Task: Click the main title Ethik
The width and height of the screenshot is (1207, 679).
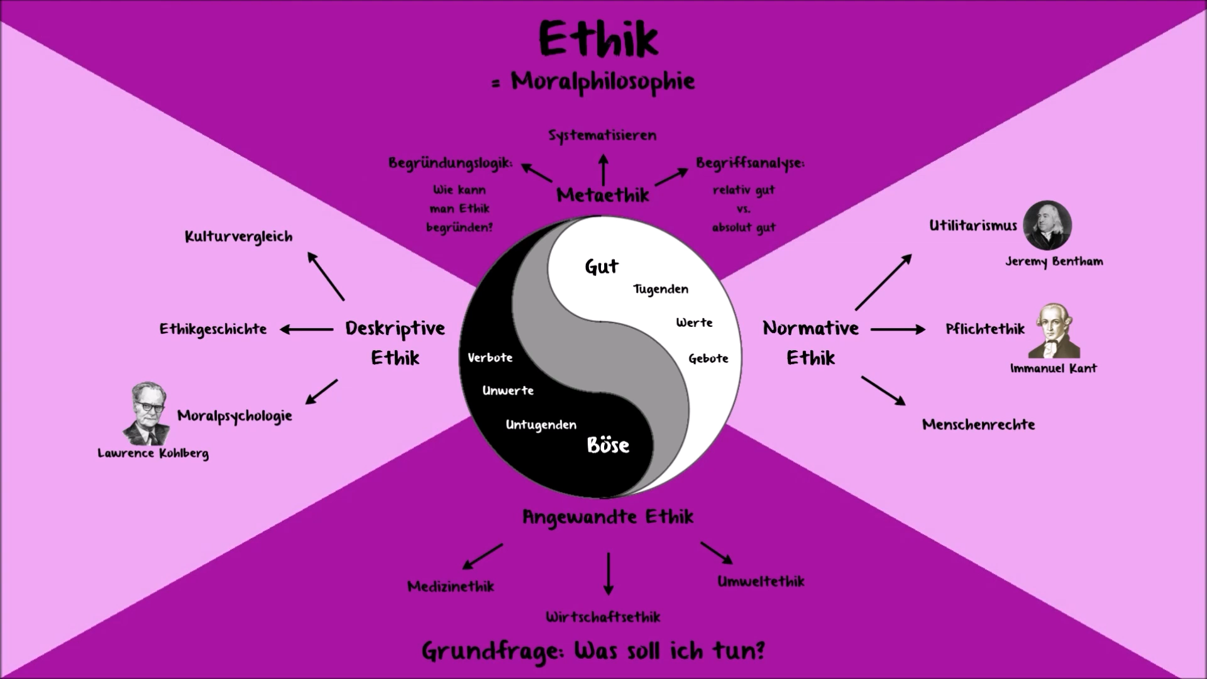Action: [x=598, y=39]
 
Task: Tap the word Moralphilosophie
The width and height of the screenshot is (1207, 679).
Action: [x=602, y=82]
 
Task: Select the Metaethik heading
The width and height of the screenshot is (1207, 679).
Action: [x=602, y=196]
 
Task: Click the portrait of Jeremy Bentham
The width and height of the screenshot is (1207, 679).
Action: [x=1047, y=226]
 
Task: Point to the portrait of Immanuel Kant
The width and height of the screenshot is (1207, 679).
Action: [x=1054, y=331]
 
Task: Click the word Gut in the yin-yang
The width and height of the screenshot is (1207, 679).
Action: [x=602, y=267]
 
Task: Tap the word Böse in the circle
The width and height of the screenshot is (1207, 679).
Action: [x=608, y=445]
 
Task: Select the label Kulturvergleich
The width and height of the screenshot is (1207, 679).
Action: [x=238, y=237]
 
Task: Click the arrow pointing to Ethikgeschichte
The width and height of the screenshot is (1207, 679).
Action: [x=306, y=329]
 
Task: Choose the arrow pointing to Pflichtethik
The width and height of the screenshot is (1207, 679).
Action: [x=898, y=329]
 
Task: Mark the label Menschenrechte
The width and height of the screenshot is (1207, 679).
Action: [x=978, y=424]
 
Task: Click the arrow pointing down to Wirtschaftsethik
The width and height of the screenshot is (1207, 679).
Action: [x=608, y=573]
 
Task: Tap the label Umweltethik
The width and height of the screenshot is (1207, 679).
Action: [x=761, y=582]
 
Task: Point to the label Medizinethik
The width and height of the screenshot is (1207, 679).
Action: [x=451, y=587]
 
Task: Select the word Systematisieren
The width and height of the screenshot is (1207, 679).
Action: [x=602, y=135]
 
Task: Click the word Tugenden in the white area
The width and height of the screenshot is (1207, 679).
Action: [x=660, y=289]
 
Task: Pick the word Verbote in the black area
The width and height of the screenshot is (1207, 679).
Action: [x=490, y=358]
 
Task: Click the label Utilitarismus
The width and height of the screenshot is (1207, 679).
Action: [x=973, y=226]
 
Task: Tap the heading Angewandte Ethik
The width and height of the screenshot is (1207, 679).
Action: [x=608, y=517]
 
